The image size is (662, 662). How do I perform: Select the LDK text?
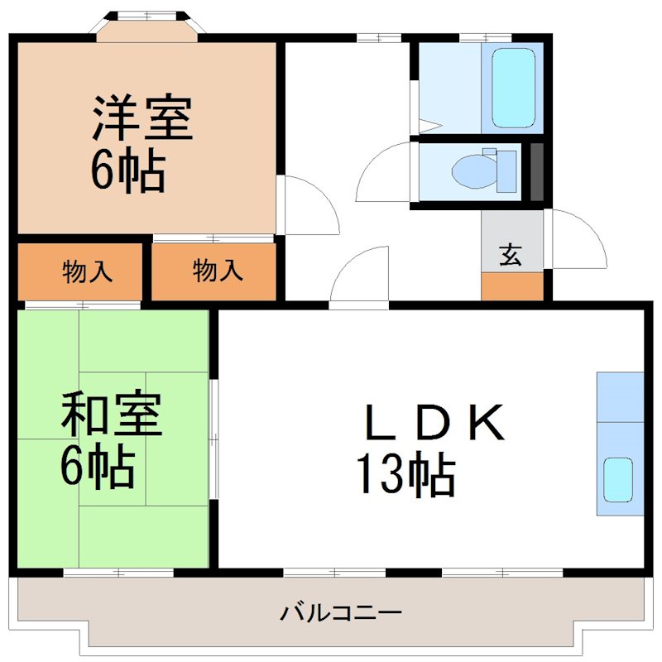point(434,424)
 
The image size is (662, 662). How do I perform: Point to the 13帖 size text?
point(405,475)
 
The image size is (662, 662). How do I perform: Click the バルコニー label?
point(341,613)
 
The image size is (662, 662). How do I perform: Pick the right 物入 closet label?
point(218,271)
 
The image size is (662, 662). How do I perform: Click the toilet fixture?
point(483,171)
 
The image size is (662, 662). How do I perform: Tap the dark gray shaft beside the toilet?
point(536,172)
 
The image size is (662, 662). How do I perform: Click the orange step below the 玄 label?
point(512,286)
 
